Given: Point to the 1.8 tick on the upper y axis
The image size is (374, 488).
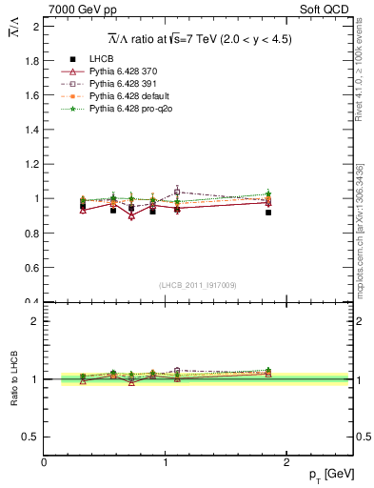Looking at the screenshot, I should (x=33, y=61).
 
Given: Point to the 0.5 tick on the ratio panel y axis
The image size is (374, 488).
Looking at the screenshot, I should (x=33, y=437).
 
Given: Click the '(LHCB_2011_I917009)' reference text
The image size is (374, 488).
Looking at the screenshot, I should (x=198, y=285).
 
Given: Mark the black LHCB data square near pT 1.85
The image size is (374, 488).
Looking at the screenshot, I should (x=268, y=213).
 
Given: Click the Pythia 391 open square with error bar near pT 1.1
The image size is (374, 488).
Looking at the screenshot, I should (x=178, y=192).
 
